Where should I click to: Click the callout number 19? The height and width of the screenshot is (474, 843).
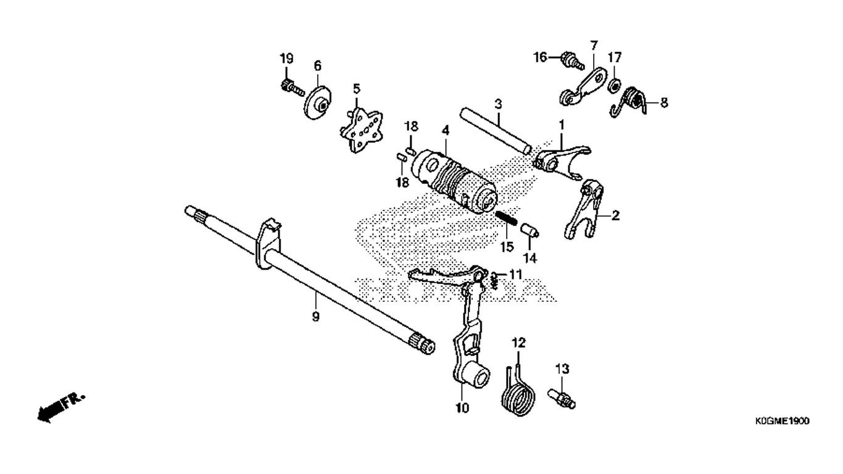286,59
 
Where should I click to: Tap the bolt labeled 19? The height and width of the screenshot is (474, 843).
292,87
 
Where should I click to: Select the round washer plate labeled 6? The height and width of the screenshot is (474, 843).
318,102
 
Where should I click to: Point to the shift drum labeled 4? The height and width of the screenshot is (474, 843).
454,181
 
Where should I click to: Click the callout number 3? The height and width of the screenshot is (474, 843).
498,104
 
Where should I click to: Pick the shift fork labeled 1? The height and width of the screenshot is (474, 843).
562,162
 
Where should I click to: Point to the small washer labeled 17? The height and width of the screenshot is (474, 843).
615,85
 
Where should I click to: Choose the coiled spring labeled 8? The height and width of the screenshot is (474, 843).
629,101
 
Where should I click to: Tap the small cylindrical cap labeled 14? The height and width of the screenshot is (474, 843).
529,230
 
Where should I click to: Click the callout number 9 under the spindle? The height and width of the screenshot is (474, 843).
315,317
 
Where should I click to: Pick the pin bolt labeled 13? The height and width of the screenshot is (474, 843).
562,399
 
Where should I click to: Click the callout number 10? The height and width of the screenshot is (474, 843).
462,408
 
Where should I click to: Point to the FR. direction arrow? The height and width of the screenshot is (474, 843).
61,408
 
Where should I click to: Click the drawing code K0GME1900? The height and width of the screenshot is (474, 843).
782,421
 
